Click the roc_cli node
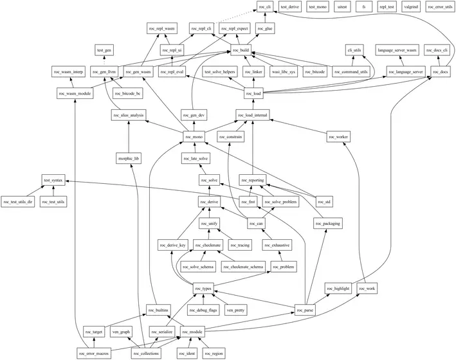265,6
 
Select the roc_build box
241,50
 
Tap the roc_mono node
194,137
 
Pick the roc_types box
203,289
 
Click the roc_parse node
305,310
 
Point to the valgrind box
411,6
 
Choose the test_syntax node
53,180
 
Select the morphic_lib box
129,159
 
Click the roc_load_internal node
252,115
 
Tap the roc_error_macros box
94,354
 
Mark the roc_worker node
338,137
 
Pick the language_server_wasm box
397,50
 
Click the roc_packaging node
328,224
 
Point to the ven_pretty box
235,310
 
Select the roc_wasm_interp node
68,71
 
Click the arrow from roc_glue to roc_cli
265,18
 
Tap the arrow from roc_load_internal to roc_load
253,104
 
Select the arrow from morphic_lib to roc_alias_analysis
129,137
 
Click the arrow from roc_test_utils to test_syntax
53,191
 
